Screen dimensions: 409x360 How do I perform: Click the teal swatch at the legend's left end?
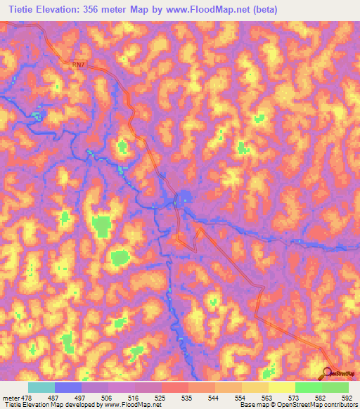[x=41, y=387]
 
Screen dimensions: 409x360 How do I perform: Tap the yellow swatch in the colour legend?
[x=281, y=387]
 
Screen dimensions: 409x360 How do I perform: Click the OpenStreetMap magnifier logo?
[x=328, y=372]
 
